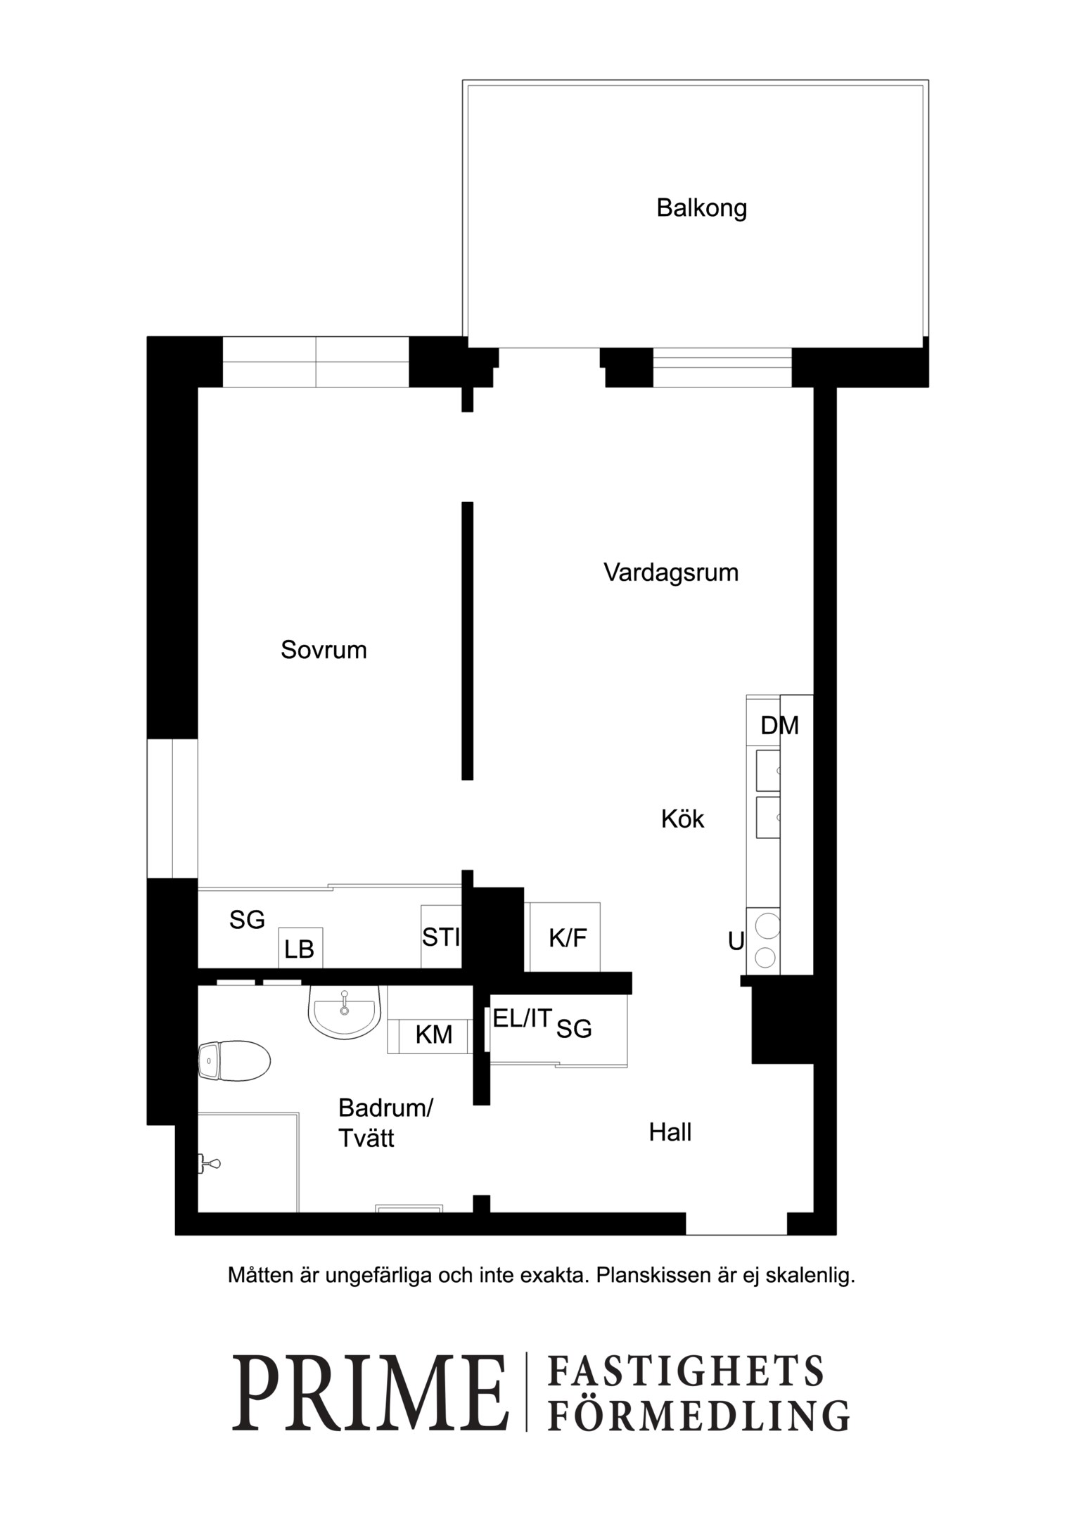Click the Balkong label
tap(701, 209)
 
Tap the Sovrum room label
tap(324, 650)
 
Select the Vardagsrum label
tap(671, 573)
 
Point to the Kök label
tap(682, 819)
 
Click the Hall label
tap(670, 1132)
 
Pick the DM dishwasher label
tap(779, 725)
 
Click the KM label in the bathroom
tap(433, 1034)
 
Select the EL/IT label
tap(522, 1018)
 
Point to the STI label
tap(441, 937)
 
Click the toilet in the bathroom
tap(234, 1060)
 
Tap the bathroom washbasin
tap(345, 1011)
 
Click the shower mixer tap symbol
tap(210, 1164)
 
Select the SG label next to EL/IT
tap(574, 1029)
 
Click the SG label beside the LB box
tap(247, 919)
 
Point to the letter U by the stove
tap(736, 940)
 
